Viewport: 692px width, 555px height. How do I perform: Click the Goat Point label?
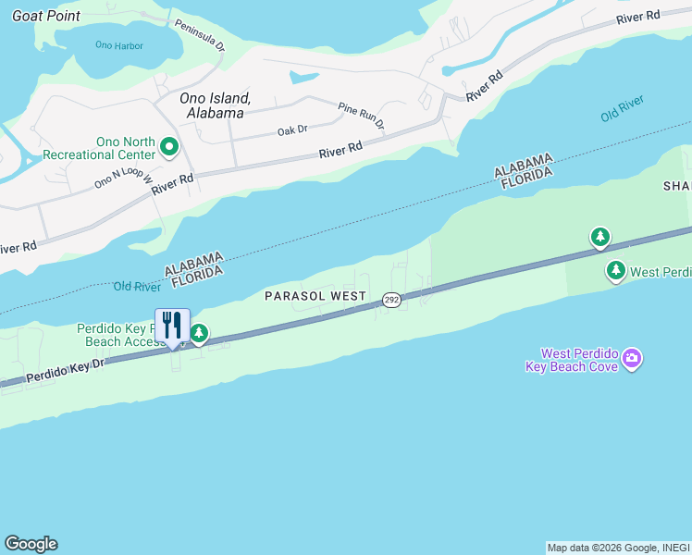(45, 16)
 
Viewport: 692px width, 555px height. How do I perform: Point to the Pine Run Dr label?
(361, 115)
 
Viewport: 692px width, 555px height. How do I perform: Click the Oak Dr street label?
(292, 131)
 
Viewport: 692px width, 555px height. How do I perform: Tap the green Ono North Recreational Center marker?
(169, 147)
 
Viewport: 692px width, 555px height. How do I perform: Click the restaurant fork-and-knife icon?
(172, 327)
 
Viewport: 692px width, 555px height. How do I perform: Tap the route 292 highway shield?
(391, 300)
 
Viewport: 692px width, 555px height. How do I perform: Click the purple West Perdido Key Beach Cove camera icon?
(632, 358)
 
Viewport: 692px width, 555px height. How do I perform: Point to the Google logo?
(31, 544)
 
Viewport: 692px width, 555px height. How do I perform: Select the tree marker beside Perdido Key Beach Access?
(198, 333)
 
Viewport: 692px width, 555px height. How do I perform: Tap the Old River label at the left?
(138, 286)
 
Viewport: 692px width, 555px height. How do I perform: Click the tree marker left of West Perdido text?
(615, 271)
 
